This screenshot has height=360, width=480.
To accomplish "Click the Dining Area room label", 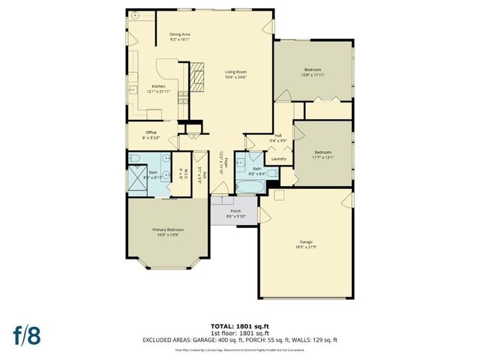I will click(x=179, y=34).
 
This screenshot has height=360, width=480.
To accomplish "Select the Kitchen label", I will click(x=158, y=86).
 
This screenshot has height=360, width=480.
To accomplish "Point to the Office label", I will click(x=150, y=132).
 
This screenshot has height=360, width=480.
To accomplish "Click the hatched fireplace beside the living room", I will click(x=196, y=76).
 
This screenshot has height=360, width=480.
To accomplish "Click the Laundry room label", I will click(x=278, y=159).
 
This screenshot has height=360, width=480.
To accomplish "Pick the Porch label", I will click(x=235, y=211).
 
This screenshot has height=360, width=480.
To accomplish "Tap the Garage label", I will click(x=304, y=241).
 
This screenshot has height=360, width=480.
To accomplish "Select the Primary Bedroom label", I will click(x=168, y=229).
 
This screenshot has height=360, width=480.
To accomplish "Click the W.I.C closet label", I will click(x=182, y=169).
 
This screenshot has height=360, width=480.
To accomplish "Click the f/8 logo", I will click(x=25, y=334).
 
